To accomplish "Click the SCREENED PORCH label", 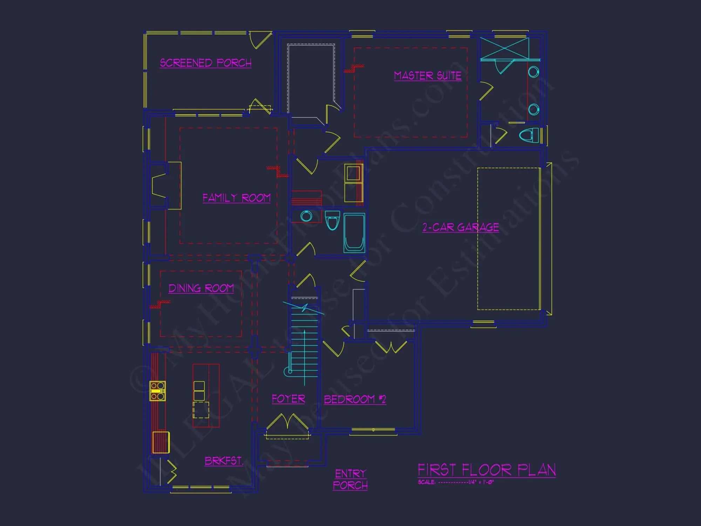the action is tap(205, 63).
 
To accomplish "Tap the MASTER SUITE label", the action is tap(428, 76).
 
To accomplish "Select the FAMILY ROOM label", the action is tap(237, 198).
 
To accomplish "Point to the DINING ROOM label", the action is tap(201, 288).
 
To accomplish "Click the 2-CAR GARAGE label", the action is tap(461, 227).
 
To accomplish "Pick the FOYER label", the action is tap(288, 399).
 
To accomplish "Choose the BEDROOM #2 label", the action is tap(355, 399).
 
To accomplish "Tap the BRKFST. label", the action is tap(224, 460).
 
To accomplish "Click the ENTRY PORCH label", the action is tap(350, 479).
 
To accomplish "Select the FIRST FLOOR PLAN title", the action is tap(486, 470).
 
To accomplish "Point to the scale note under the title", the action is tap(456, 482).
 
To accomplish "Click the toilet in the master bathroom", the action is tap(529, 135).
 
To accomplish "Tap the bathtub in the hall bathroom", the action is tap(354, 232).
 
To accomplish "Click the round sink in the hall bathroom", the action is tap(306, 216).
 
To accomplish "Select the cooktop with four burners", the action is tap(157, 391).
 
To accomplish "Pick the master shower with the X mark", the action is tap(504, 49).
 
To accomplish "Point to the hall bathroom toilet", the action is tap(332, 220).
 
